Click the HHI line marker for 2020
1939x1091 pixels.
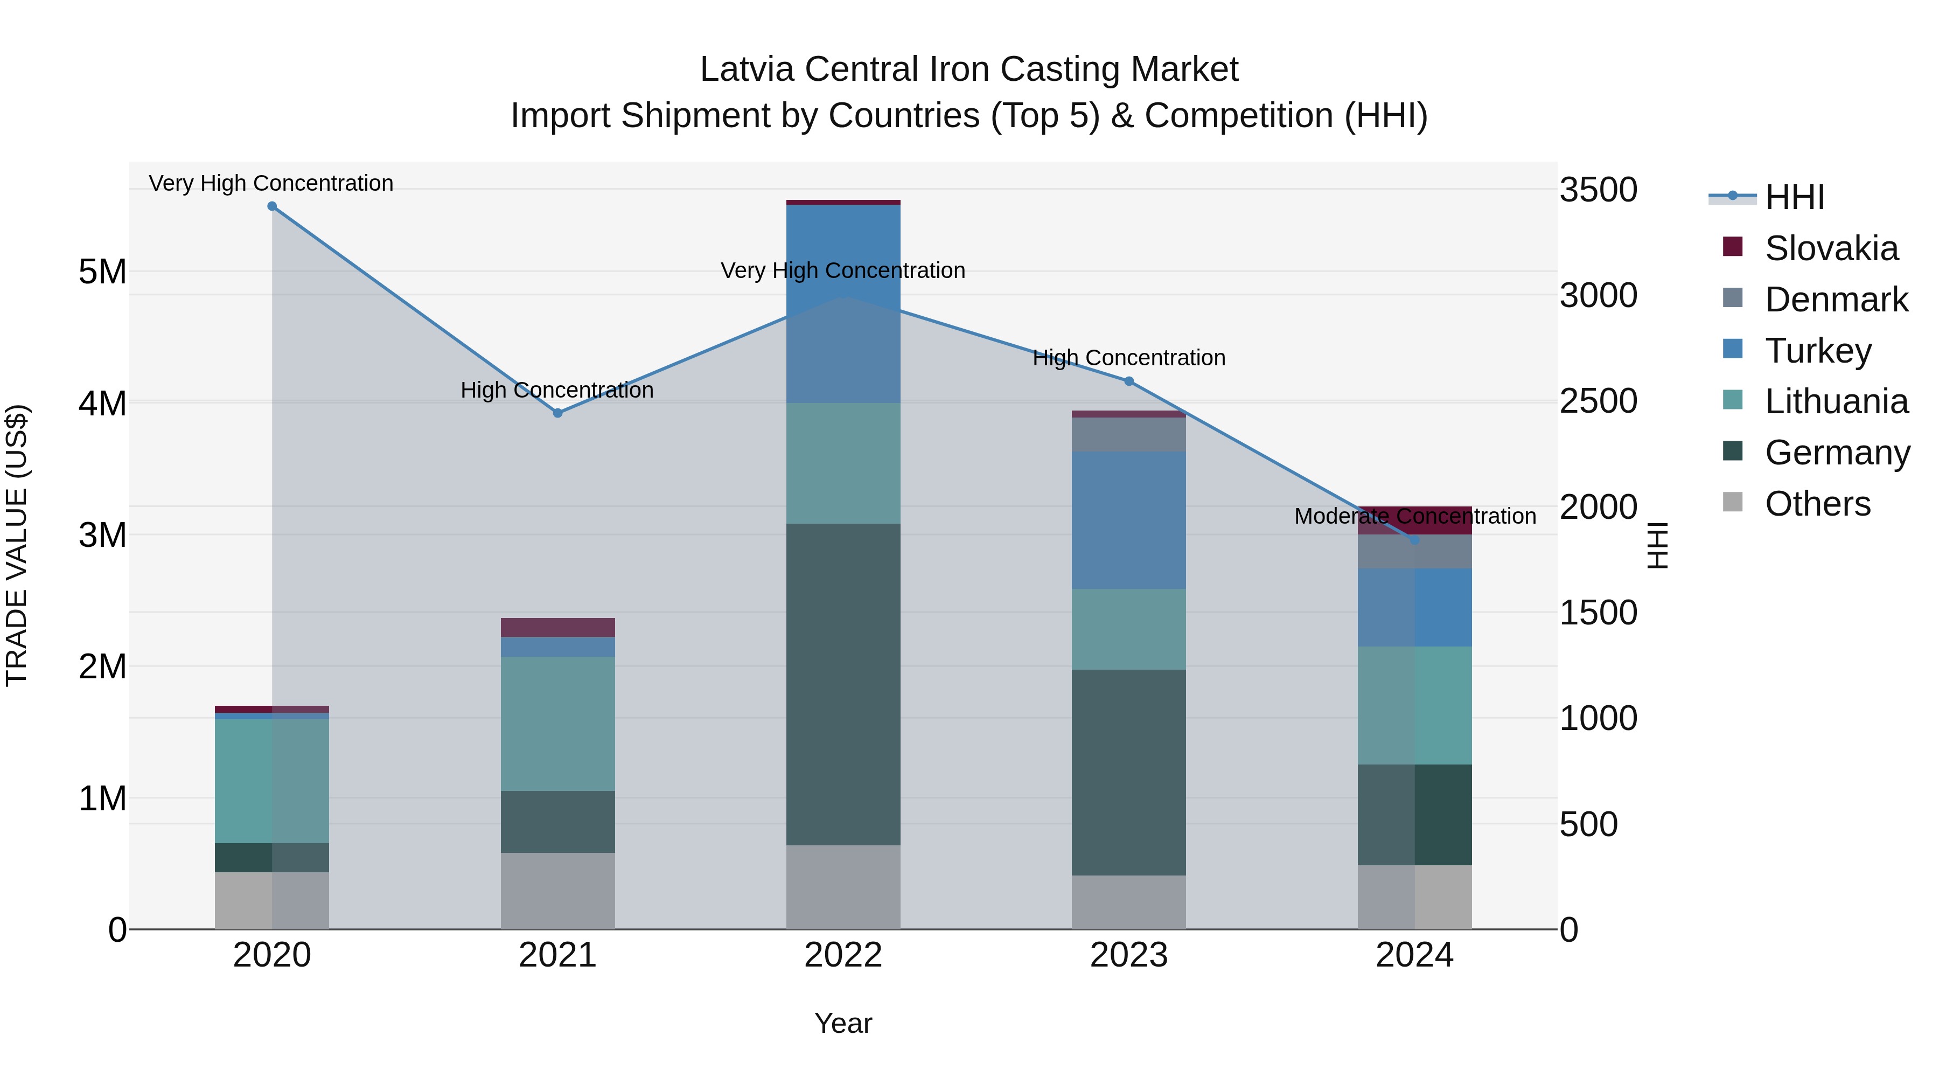point(272,206)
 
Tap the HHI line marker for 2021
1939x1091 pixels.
point(558,413)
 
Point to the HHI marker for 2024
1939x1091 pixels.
point(1414,540)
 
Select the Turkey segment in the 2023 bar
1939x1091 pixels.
point(1129,519)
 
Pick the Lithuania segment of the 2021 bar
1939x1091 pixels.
point(558,723)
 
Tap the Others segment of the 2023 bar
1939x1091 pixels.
point(1129,901)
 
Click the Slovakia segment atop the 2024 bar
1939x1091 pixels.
point(1414,519)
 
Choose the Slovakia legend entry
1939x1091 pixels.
point(1831,248)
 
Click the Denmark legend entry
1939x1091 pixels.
point(1835,300)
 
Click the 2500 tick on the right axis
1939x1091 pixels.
point(1598,401)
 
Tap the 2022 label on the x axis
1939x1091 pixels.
point(843,955)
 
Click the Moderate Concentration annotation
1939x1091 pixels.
point(1414,517)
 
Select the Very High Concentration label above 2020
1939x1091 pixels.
point(271,183)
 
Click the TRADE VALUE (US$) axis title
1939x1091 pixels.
point(17,545)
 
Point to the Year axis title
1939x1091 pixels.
point(843,1023)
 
